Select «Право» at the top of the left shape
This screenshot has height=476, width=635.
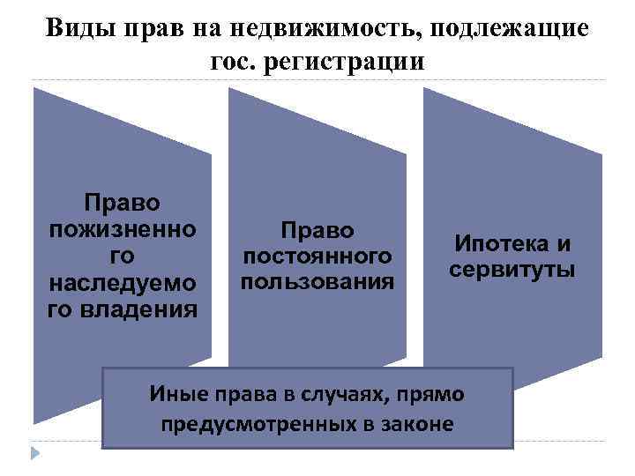tap(122, 202)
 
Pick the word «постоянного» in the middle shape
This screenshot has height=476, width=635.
tap(317, 256)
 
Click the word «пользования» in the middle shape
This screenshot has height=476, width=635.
tap(317, 282)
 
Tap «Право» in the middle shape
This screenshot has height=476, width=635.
tap(317, 229)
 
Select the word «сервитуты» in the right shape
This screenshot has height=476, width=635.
tap(512, 269)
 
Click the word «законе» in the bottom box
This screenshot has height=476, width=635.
tap(415, 424)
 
